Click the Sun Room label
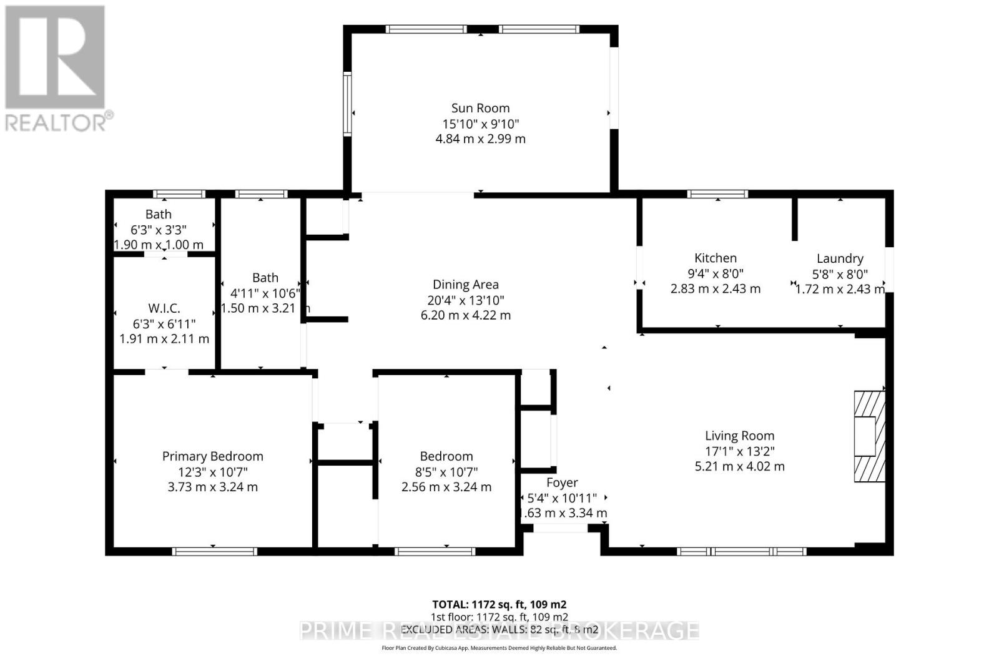coord(480,108)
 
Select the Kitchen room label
coord(716,258)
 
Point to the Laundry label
coord(840,258)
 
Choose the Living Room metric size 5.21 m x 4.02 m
coord(739,466)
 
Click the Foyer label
coord(562,482)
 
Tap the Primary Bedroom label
coord(212,456)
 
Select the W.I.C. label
coord(164,308)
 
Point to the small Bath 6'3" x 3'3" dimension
coord(159,230)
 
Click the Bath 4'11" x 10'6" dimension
coord(265,293)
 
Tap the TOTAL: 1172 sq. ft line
coord(499,604)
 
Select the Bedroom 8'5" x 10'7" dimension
coord(446,472)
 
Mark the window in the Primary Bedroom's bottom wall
coord(214,551)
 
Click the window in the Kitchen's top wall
coord(717,194)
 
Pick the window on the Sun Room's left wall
coord(347,104)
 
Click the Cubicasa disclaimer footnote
coord(499,648)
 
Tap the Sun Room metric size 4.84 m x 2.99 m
coord(480,139)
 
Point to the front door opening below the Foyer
coord(560,529)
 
